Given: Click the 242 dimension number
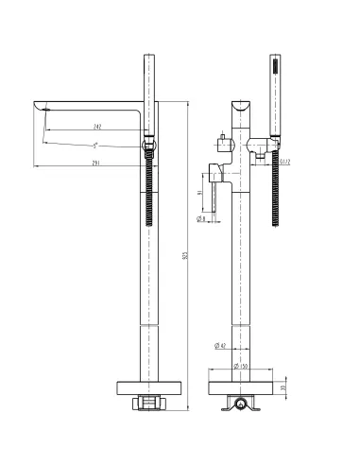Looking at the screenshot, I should [x=98, y=126].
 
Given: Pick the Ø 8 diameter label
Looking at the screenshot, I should [x=202, y=218].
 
